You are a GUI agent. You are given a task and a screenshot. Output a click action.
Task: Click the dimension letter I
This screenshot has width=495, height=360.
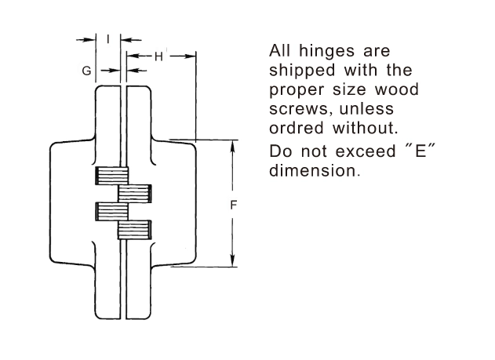pos(108,39)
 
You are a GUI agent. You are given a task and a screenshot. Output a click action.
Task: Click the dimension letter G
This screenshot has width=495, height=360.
pos(86,71)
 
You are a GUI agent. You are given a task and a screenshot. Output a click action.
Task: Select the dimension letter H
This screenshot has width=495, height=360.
pos(158,56)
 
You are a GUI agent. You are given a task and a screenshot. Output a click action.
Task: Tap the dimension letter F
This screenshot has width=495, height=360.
pos(233,205)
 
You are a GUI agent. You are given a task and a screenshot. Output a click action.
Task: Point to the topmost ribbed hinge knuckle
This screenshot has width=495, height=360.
pos(112,176)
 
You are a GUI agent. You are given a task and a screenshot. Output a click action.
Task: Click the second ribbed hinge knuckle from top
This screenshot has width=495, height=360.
pos(135,194)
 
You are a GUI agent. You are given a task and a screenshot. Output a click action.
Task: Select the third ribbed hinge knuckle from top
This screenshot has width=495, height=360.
pos(112,211)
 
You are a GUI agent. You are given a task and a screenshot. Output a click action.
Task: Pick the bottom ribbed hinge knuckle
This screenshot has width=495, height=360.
pos(135,230)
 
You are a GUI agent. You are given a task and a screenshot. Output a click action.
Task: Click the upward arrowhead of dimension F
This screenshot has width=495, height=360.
pos(233,147)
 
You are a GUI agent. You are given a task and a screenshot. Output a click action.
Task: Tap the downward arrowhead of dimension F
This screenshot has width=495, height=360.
pos(233,260)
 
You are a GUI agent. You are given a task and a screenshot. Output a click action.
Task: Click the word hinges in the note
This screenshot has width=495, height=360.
pos(327,52)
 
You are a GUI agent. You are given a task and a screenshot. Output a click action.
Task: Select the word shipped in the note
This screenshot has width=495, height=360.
pos(302,71)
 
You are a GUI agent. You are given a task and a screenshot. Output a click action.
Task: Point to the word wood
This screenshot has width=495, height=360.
pos(397,89)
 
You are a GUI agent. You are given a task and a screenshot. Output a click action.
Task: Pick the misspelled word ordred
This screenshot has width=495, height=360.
pos(297,128)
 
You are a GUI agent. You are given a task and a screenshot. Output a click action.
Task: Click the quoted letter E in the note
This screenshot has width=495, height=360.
pos(420,151)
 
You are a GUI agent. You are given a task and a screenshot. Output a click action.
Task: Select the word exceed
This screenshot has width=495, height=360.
pos(366,151)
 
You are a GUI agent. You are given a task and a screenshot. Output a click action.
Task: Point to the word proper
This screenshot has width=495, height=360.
pos(297,90)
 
